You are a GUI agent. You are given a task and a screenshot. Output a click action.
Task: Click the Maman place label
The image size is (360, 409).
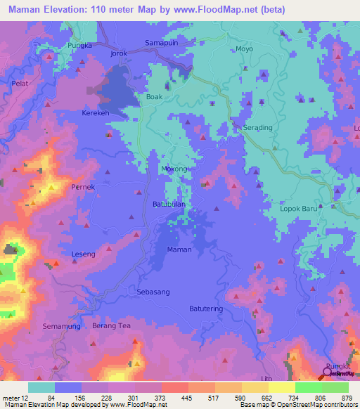pos(179,249)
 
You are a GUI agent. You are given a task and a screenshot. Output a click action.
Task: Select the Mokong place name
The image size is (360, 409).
pos(176,169)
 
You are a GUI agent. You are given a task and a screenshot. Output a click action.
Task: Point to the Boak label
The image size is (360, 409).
pos(154,98)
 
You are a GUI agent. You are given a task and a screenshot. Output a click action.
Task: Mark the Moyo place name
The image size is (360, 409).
pos(244,49)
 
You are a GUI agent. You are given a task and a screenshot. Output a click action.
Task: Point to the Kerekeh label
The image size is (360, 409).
pos(96,112)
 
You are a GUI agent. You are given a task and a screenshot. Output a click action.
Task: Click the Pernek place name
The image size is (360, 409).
pos(84,187)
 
